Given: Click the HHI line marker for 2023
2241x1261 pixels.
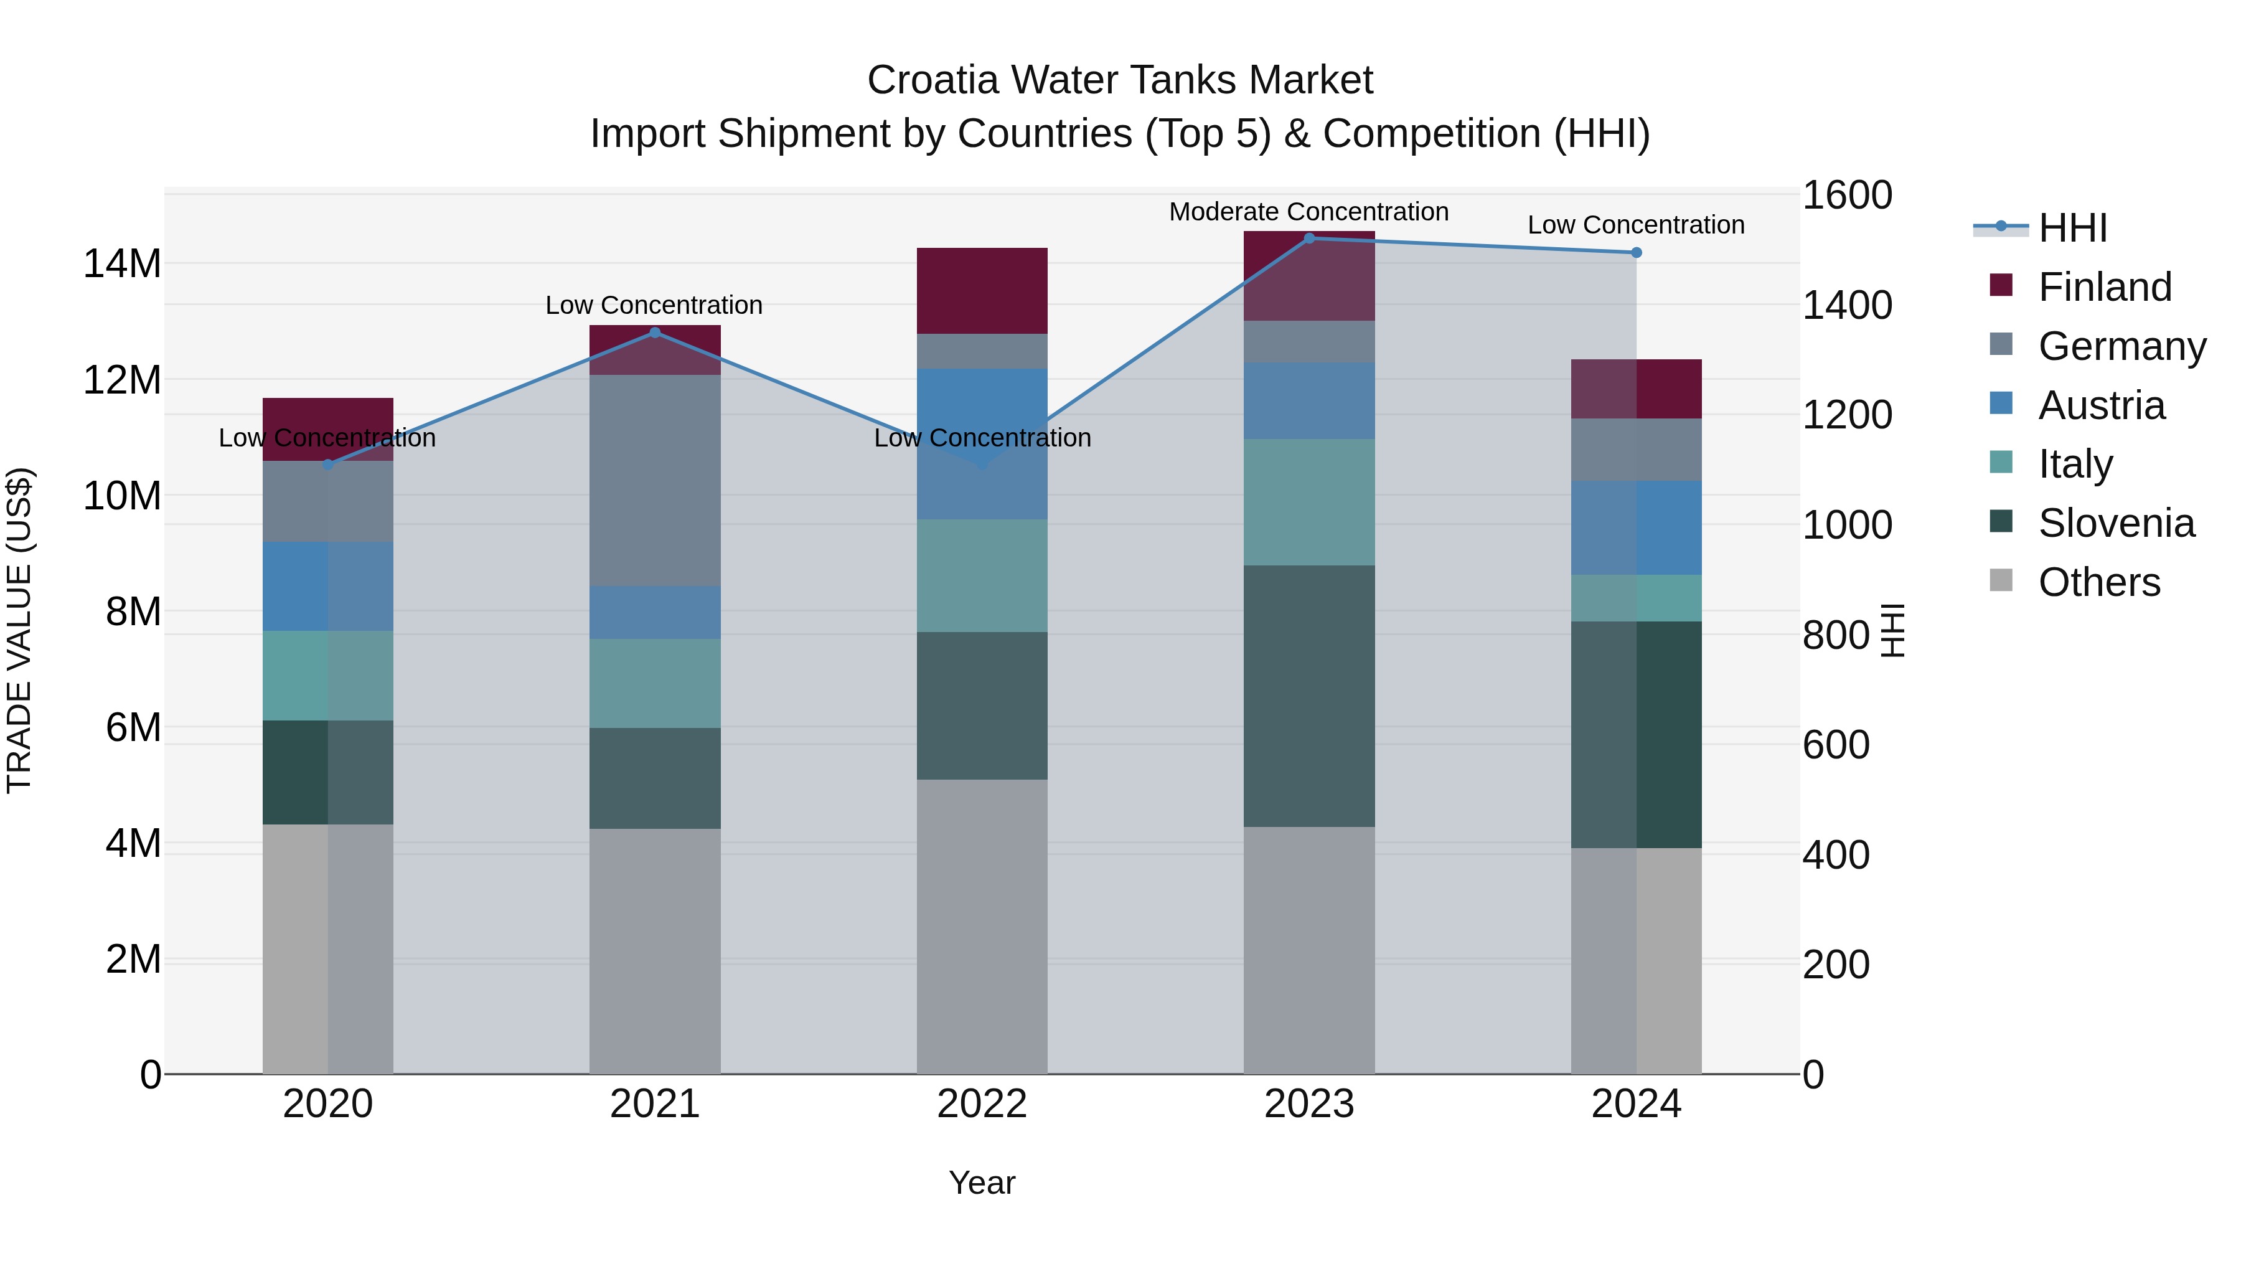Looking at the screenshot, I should tap(1308, 238).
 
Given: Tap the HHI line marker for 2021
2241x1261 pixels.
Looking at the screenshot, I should tap(655, 333).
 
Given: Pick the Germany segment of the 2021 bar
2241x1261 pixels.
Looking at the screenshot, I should tap(655, 479).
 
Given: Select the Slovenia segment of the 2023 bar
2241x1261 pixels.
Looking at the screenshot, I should tap(1308, 696).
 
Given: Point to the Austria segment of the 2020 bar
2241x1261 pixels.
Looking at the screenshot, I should tap(328, 586).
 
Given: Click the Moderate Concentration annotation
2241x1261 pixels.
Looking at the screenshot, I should tap(1308, 212).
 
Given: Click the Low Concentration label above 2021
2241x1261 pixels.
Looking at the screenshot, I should tap(654, 306).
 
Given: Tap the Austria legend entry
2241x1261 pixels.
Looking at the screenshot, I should tap(2101, 405).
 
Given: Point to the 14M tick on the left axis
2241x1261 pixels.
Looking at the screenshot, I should tap(122, 263).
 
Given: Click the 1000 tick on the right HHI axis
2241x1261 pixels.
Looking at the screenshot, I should tap(1846, 525).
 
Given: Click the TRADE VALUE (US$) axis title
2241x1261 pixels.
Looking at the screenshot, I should tap(19, 630).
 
